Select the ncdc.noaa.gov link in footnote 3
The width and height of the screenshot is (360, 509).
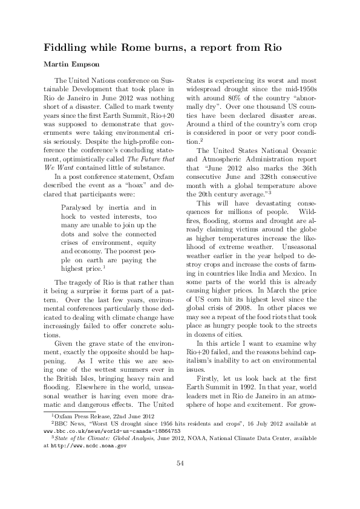point(88,445)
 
